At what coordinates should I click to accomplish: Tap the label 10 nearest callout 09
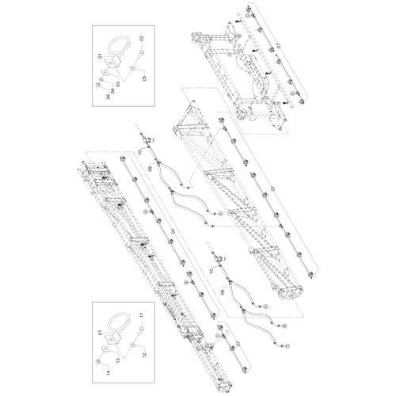(211, 270)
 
